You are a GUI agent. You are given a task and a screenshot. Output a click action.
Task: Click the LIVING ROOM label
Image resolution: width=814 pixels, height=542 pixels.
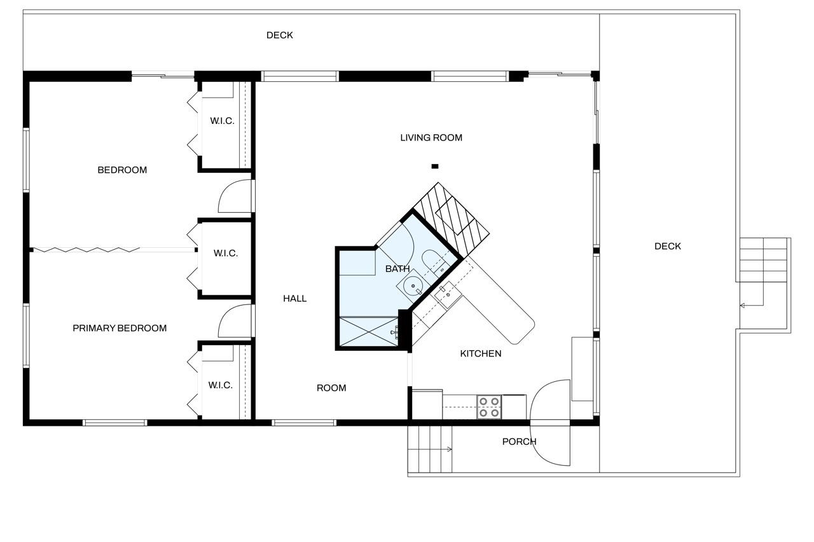(431, 138)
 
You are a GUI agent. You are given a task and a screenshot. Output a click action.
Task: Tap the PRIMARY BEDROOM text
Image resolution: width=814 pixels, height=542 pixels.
(120, 328)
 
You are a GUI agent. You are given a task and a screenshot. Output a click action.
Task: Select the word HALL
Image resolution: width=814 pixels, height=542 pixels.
(294, 299)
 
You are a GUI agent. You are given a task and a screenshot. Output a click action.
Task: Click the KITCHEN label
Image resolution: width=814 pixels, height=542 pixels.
(480, 353)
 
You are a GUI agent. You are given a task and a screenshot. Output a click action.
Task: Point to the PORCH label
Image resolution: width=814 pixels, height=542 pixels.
(519, 442)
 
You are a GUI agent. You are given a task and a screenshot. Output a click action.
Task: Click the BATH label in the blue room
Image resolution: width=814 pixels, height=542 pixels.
(397, 269)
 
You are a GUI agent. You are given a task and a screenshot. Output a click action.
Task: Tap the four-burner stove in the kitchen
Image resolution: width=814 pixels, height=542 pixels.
(489, 407)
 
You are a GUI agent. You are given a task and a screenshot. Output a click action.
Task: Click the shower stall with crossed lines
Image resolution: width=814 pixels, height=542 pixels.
(369, 332)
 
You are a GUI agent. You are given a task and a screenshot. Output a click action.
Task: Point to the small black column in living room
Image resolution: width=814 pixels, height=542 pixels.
(434, 166)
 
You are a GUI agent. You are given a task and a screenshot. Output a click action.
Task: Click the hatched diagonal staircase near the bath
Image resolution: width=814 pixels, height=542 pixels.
(452, 219)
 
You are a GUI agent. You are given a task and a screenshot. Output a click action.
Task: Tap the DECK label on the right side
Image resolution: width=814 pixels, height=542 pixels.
(667, 246)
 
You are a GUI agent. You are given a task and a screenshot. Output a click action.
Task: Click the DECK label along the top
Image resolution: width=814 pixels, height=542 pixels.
(279, 35)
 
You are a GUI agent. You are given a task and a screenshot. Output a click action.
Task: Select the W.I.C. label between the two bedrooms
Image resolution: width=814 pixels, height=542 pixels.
(225, 253)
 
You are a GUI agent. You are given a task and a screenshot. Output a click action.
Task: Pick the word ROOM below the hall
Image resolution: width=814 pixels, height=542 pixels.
(331, 388)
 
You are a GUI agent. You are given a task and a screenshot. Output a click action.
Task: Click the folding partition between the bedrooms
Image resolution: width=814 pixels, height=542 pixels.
(86, 250)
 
